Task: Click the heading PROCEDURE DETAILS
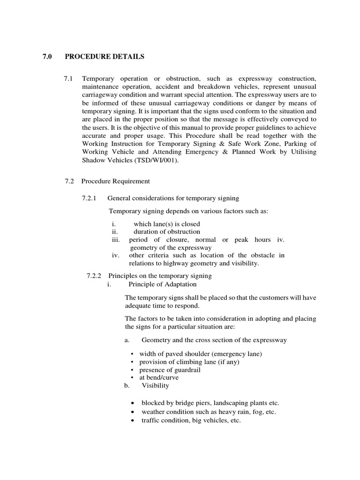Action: pos(105,57)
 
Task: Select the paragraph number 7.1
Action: pos(68,78)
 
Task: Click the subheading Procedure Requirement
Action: pos(115,181)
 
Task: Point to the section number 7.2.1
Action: pos(89,198)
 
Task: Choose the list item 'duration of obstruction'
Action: pos(166,232)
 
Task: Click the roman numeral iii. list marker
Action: pos(116,240)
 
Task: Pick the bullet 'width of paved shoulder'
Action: pos(200,354)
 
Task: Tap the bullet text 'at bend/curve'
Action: pos(159,377)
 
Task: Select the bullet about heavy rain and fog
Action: pos(209,412)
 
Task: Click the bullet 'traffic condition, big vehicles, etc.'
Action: pos(191,421)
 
